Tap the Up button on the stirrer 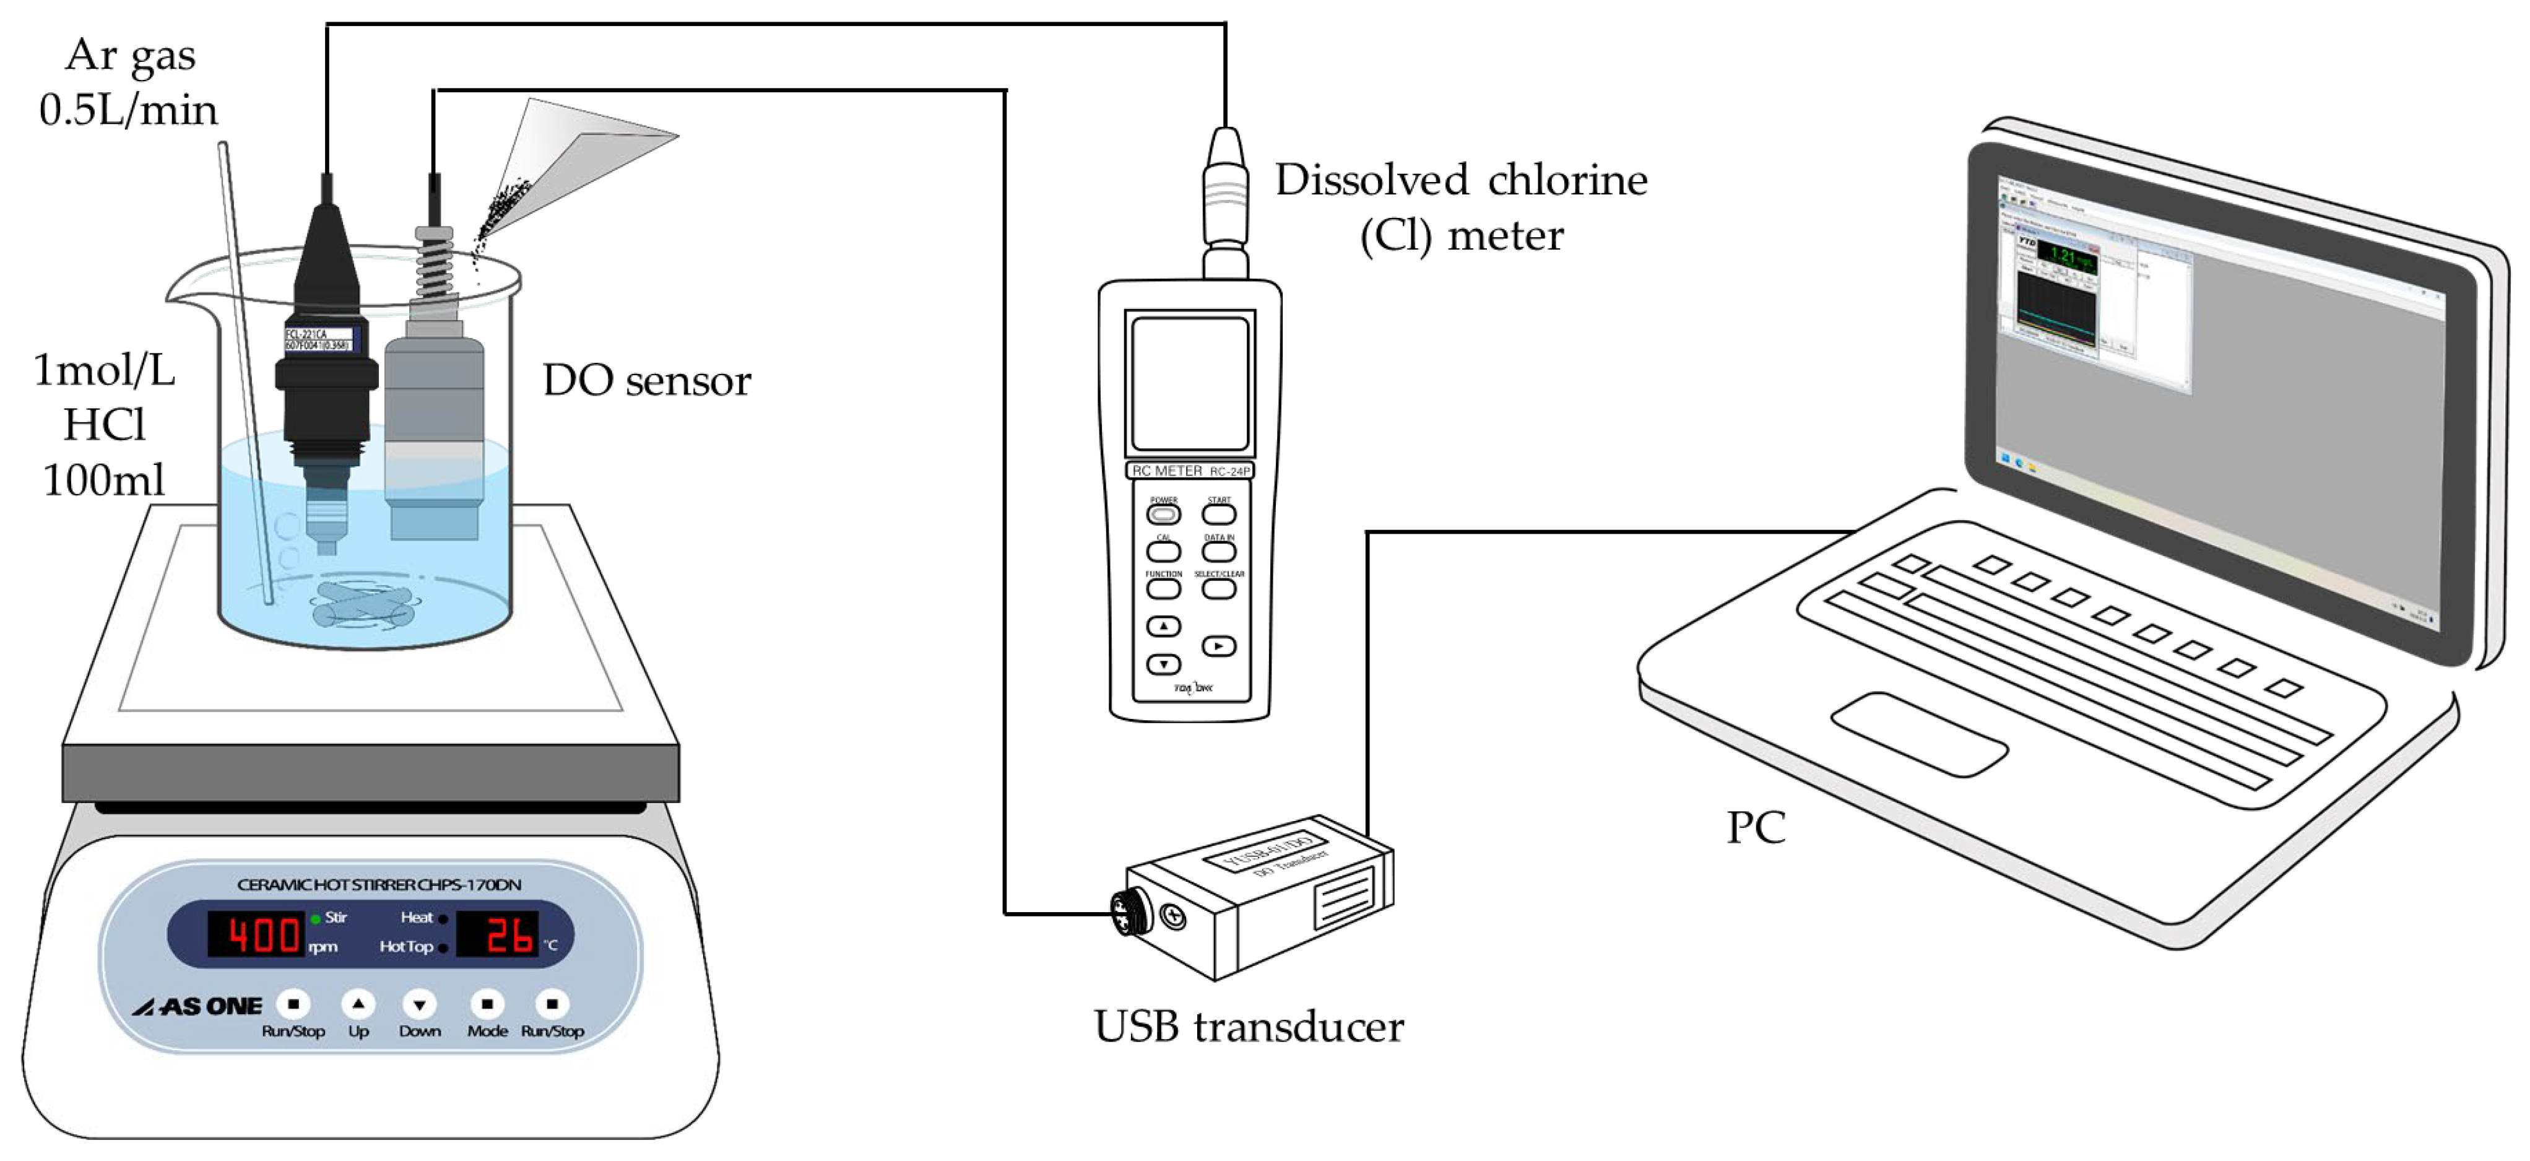coord(358,1004)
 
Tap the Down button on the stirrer coord(419,1004)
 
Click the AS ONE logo coord(199,1007)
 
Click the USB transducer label coord(1249,1027)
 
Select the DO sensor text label coord(646,381)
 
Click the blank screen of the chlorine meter coord(1189,383)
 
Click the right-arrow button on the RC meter coord(1219,646)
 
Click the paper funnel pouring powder coord(579,157)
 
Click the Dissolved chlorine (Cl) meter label coord(1460,207)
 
